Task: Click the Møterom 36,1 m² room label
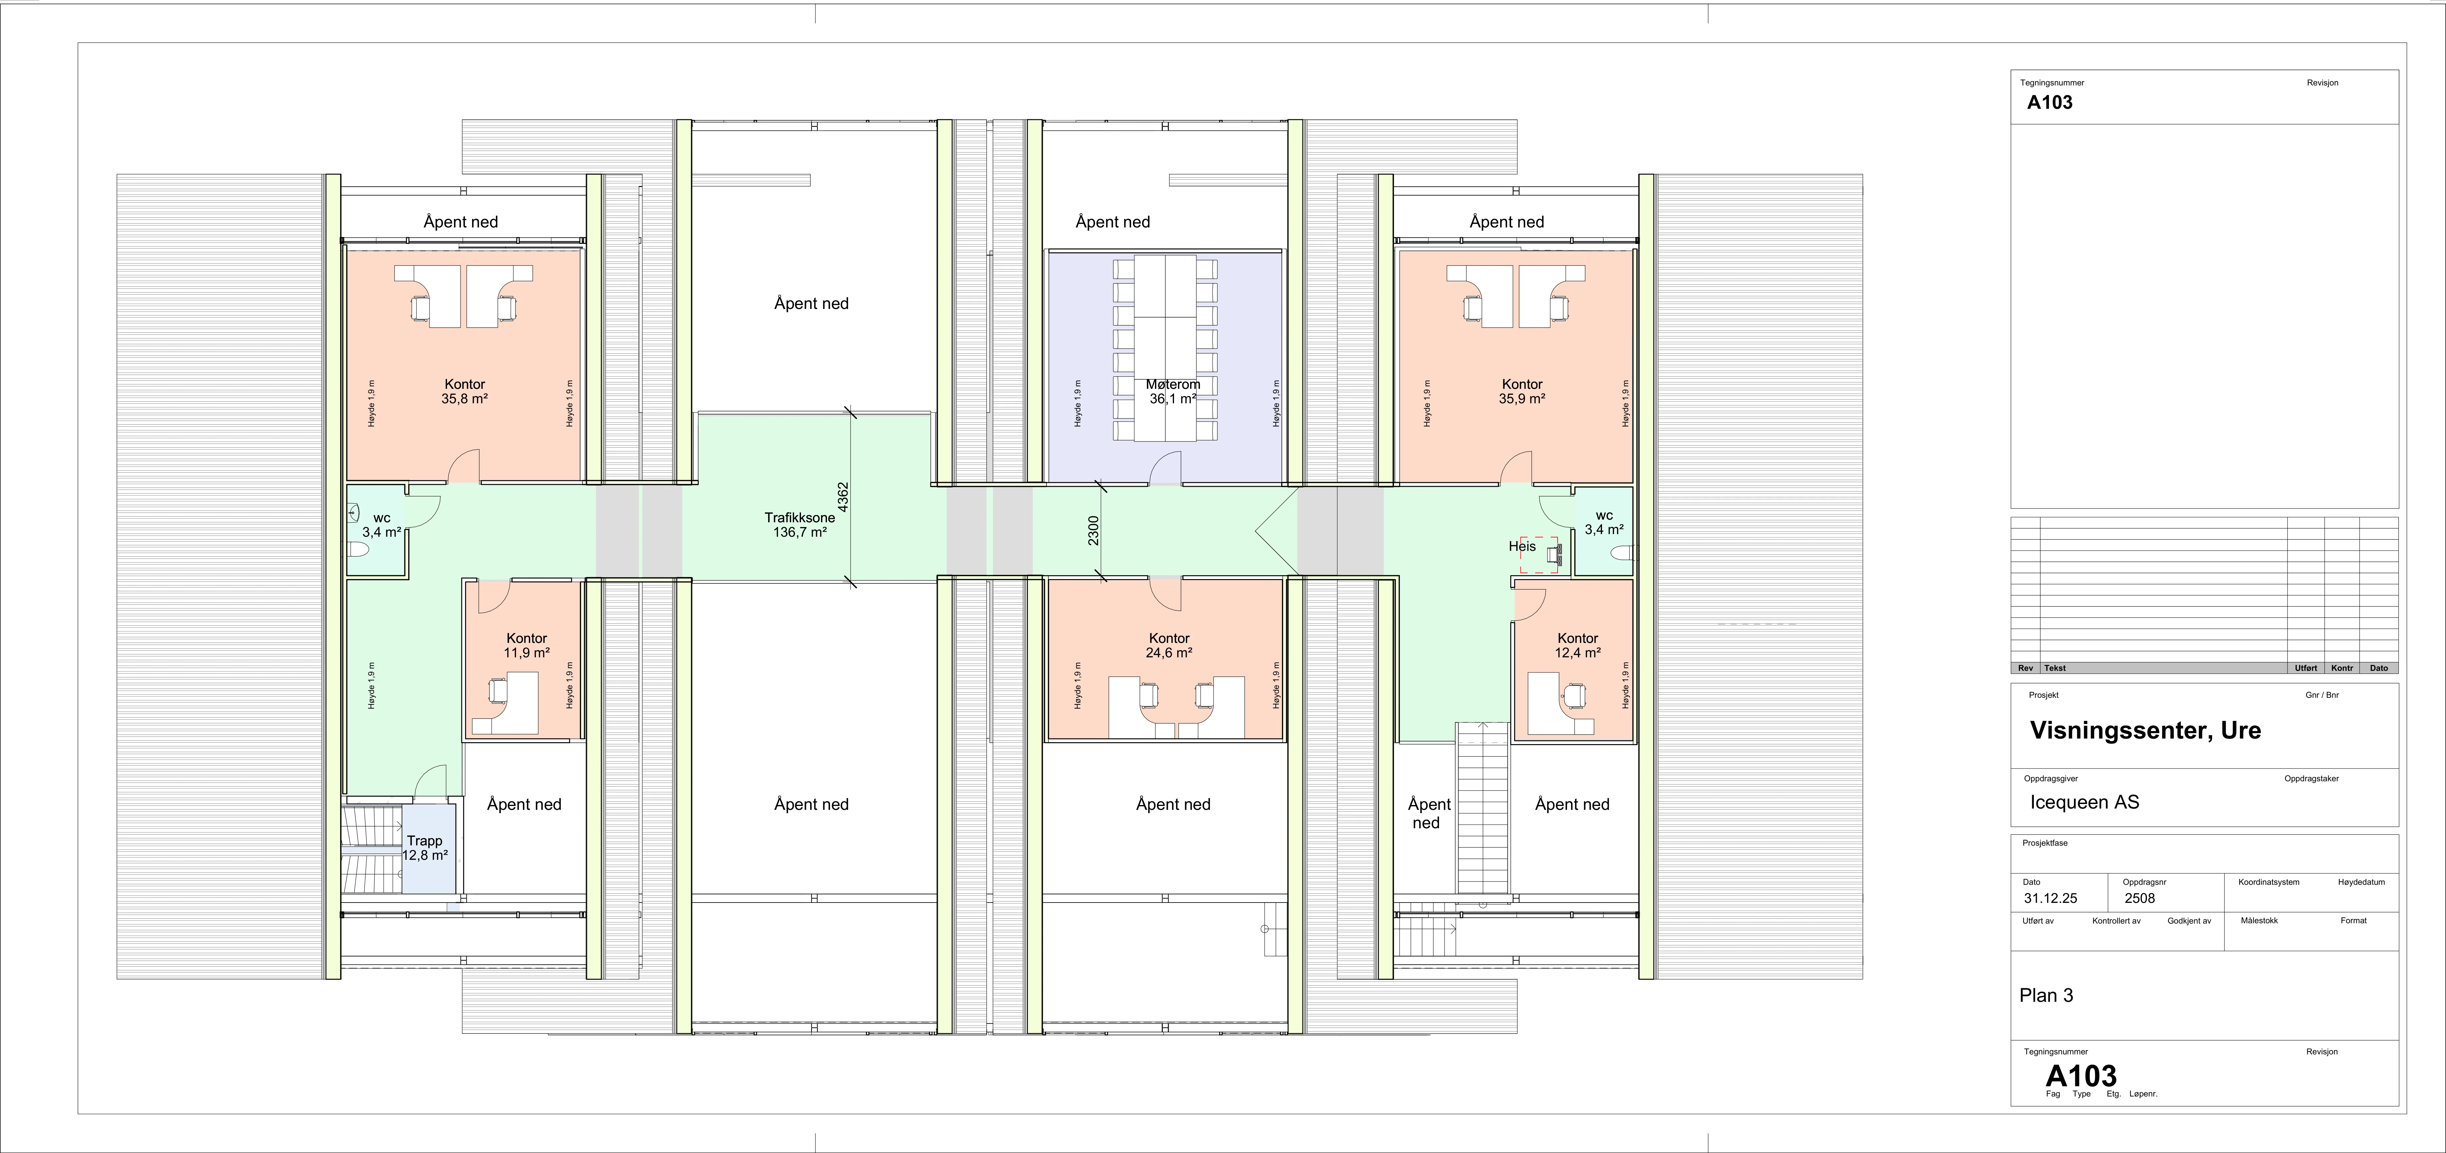click(1173, 391)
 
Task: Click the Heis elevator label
click(1522, 546)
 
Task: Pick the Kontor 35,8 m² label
click(464, 391)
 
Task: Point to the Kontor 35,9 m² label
click(1522, 391)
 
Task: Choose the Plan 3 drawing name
click(2046, 995)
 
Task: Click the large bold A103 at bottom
click(2081, 1076)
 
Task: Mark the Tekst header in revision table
click(2055, 668)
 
